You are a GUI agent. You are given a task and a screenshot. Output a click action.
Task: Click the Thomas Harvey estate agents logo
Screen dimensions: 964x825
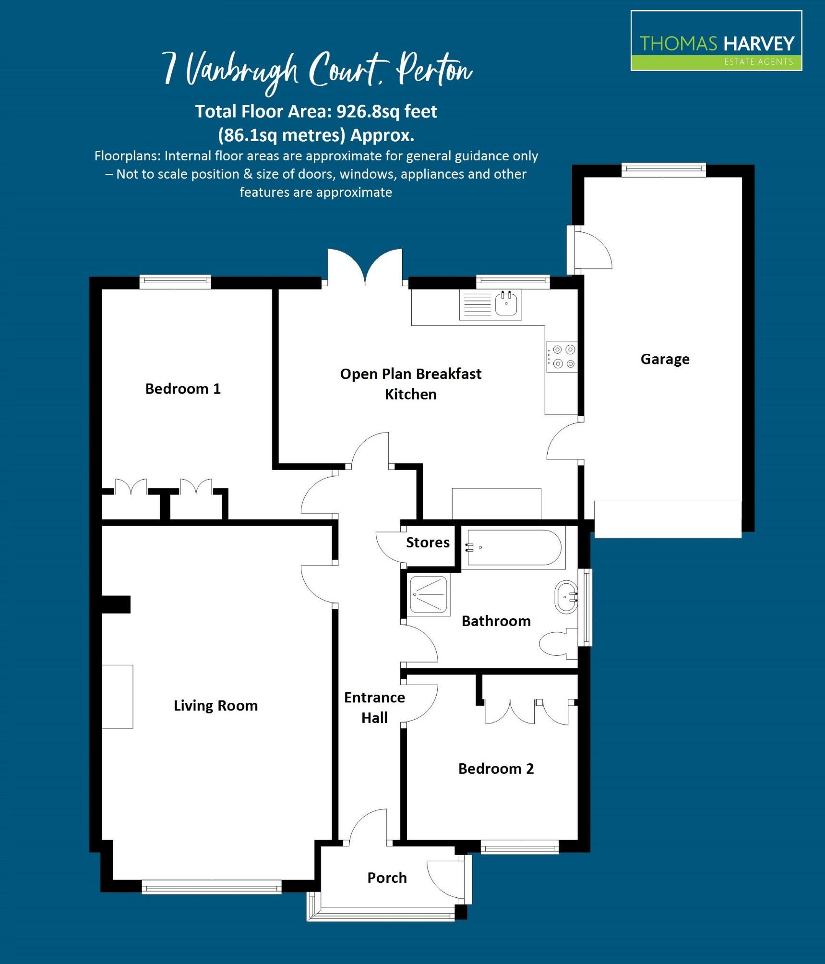[716, 41]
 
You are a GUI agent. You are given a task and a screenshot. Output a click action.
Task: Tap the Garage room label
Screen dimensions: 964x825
[665, 359]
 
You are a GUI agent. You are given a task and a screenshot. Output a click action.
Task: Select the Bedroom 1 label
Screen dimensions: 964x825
[183, 389]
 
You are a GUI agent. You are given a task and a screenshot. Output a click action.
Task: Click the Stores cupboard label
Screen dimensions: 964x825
[428, 542]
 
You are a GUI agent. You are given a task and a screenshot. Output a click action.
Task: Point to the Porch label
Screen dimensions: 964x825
[387, 878]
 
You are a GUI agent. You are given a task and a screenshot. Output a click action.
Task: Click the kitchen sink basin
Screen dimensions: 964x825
[506, 304]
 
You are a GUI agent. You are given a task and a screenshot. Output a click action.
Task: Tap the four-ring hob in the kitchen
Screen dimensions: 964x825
[563, 357]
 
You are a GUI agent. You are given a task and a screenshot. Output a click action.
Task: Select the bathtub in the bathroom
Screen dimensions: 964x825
[514, 548]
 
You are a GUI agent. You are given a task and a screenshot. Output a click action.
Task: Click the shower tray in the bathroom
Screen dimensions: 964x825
[430, 595]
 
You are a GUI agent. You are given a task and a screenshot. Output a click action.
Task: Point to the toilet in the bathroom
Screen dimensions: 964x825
[557, 643]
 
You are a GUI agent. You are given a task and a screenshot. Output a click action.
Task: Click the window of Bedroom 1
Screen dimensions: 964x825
[175, 282]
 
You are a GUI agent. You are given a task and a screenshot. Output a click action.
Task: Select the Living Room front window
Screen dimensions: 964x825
[212, 887]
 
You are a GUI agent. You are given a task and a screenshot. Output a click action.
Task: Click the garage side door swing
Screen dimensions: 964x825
[591, 250]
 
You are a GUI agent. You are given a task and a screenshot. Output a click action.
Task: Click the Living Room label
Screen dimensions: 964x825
[215, 706]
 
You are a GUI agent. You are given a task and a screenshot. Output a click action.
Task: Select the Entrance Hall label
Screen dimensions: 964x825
[374, 708]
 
